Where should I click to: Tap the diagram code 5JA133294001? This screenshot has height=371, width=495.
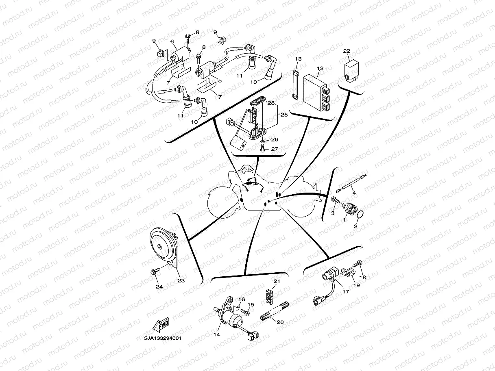click(162, 338)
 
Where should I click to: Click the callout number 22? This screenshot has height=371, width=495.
click(347, 51)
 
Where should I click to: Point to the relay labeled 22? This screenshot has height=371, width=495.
click(351, 70)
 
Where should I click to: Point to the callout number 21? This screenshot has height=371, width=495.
click(277, 281)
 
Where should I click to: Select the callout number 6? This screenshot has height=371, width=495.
click(172, 41)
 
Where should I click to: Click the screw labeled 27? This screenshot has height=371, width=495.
click(262, 150)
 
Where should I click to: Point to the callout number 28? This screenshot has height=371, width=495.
click(271, 104)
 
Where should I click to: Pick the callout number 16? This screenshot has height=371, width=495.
click(241, 299)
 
